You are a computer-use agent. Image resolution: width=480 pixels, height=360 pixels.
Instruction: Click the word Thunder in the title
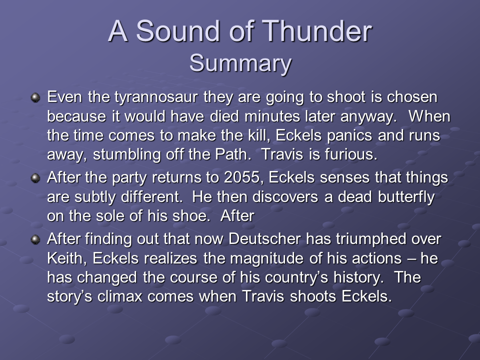[x=317, y=31]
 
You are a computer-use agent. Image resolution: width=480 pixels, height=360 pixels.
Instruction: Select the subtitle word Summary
[x=240, y=63]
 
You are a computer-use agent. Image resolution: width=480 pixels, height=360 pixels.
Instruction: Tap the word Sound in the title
[x=178, y=31]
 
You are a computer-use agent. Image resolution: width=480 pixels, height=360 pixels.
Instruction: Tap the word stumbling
[x=126, y=154]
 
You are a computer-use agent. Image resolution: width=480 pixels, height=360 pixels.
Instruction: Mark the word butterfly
[x=406, y=197]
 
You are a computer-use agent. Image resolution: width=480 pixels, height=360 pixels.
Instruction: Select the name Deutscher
[x=264, y=239]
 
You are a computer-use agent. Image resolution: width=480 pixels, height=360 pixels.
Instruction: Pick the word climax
[x=120, y=296]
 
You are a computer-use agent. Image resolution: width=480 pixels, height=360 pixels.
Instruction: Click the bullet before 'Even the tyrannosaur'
[x=35, y=98]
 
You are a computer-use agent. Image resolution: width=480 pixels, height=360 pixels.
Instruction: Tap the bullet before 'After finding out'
[x=35, y=239]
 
